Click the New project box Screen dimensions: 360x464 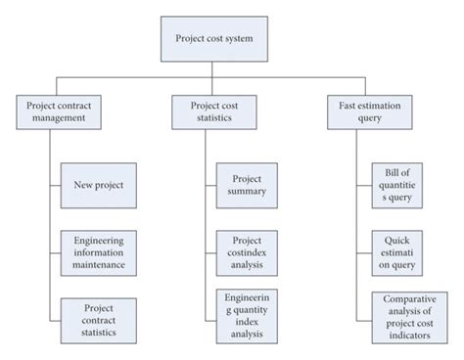pyautogui.click(x=99, y=184)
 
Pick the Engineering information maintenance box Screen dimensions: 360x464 pyautogui.click(x=99, y=251)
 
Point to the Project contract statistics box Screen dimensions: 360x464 pyautogui.click(x=99, y=319)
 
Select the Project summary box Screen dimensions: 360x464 pyautogui.click(x=245, y=184)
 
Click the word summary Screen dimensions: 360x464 pyautogui.click(x=246, y=191)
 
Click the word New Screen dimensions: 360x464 pyautogui.click(x=83, y=184)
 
